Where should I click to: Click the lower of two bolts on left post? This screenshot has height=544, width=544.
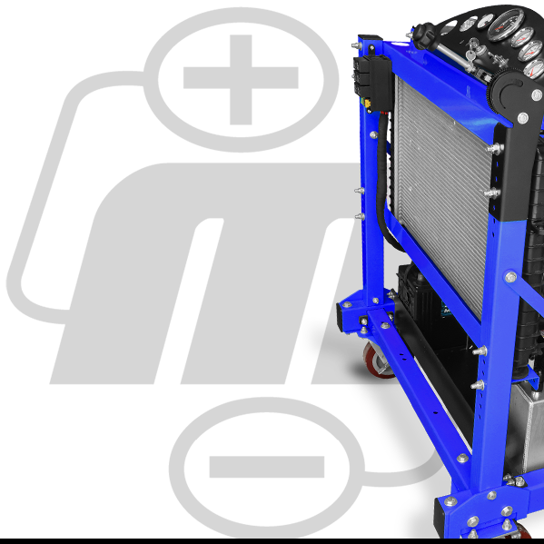[x=359, y=218]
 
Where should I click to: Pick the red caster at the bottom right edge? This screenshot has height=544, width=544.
[x=525, y=534]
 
